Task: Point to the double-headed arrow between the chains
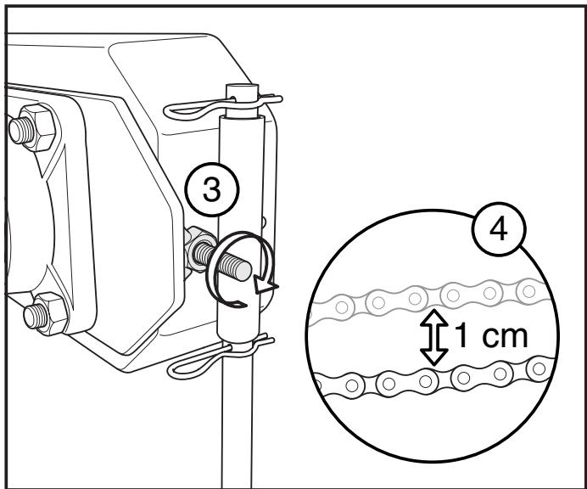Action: coord(433,337)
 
